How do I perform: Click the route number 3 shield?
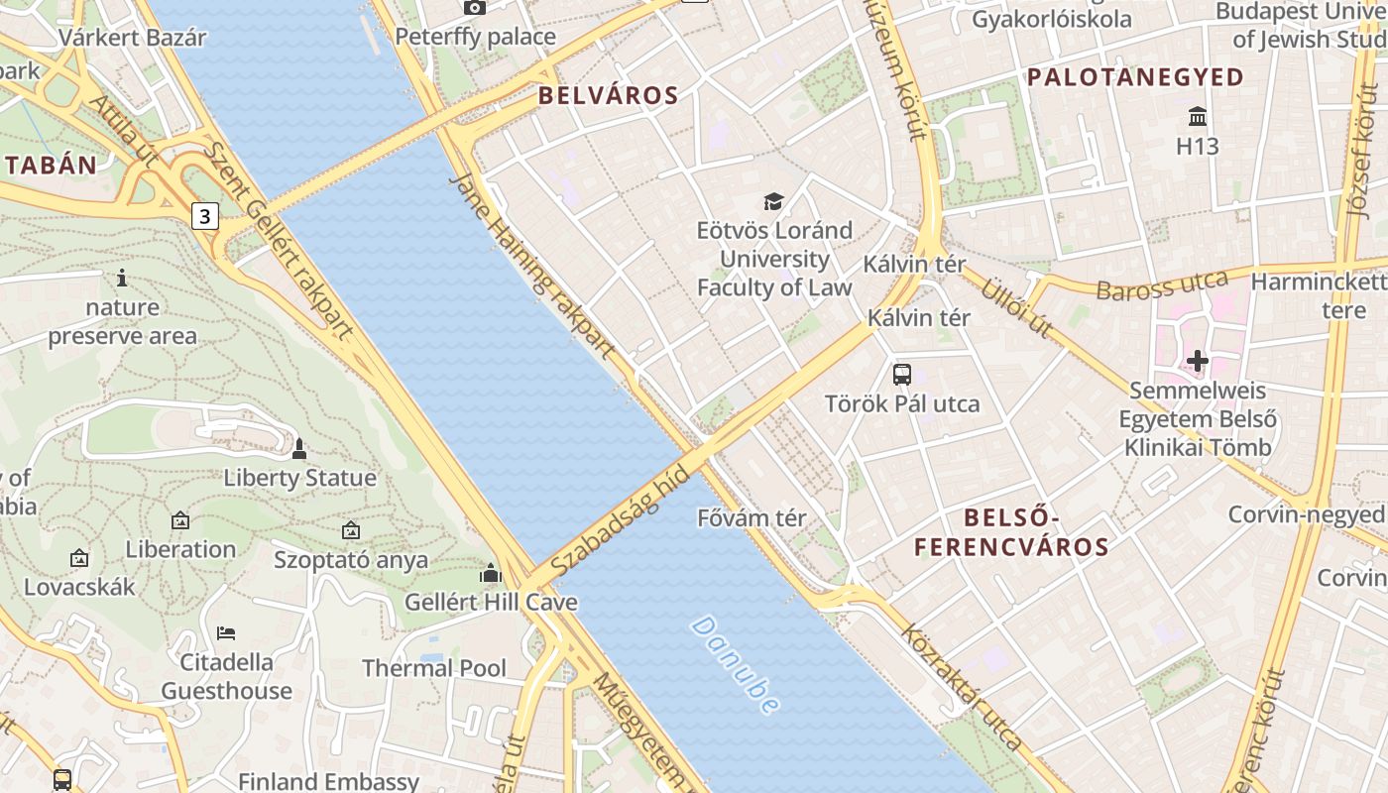click(204, 216)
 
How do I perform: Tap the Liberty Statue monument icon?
click(298, 449)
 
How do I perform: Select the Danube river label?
click(734, 665)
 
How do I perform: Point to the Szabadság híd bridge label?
click(619, 522)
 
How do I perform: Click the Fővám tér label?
click(752, 517)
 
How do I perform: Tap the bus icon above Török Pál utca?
click(901, 375)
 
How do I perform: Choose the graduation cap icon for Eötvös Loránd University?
click(773, 201)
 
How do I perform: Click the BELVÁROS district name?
click(608, 96)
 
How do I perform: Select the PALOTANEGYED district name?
click(1135, 77)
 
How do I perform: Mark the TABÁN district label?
click(50, 166)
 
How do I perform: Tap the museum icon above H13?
click(1197, 117)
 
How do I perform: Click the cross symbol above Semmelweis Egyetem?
click(1197, 361)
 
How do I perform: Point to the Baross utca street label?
click(1161, 284)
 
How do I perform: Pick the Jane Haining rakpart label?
click(531, 265)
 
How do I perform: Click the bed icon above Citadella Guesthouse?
click(226, 632)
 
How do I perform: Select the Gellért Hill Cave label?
click(491, 602)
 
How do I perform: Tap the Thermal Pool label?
click(434, 668)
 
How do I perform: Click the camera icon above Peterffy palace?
click(475, 8)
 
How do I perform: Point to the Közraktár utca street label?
click(961, 686)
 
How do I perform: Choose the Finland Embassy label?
click(328, 781)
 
